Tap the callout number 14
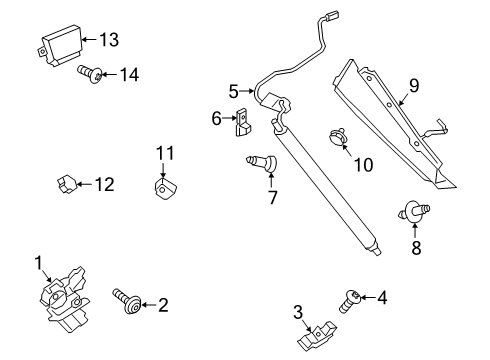click(129, 74)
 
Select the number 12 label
click(103, 184)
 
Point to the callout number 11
click(164, 152)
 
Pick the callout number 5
click(233, 90)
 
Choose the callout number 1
click(39, 264)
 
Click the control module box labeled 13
click(59, 46)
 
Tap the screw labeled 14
click(88, 72)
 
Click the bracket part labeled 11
click(163, 187)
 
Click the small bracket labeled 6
click(242, 121)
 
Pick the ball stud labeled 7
click(263, 162)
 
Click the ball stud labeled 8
click(413, 211)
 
